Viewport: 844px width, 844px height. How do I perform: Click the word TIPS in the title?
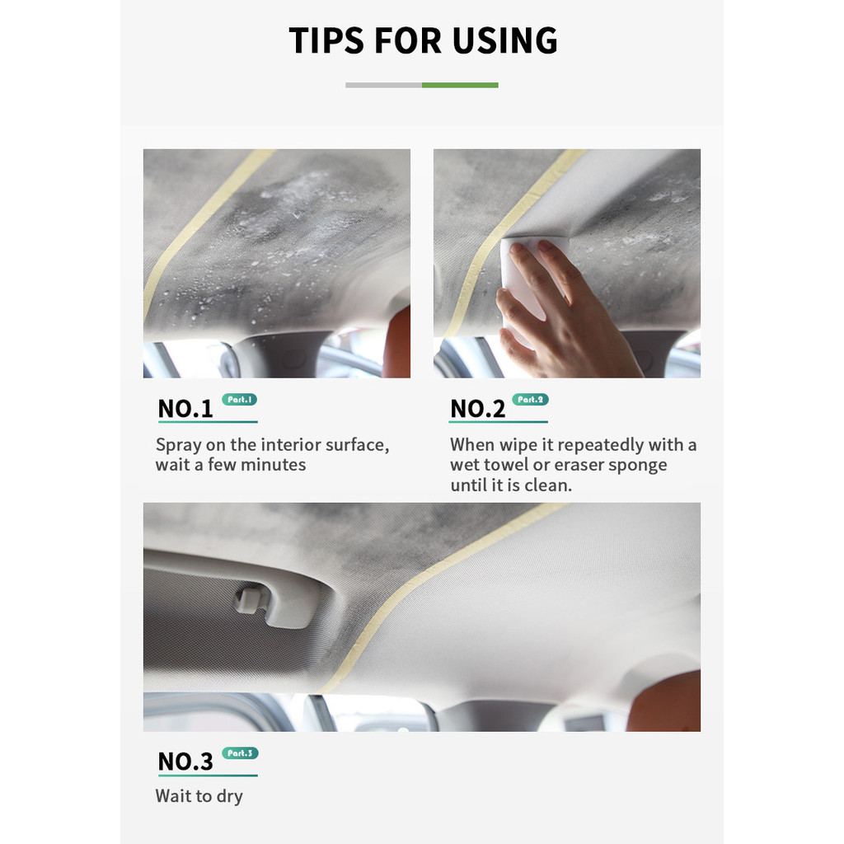pyautogui.click(x=326, y=40)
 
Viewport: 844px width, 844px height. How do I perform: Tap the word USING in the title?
pyautogui.click(x=505, y=40)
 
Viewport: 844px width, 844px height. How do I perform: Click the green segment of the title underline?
pyautogui.click(x=460, y=85)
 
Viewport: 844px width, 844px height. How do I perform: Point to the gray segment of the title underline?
pyautogui.click(x=384, y=85)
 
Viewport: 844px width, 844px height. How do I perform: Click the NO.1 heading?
pyautogui.click(x=185, y=409)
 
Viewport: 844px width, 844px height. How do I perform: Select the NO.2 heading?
pyautogui.click(x=477, y=409)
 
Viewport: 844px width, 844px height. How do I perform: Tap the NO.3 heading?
pyautogui.click(x=185, y=761)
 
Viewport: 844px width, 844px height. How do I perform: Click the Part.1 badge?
pyautogui.click(x=240, y=400)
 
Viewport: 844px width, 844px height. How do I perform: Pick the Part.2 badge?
pyautogui.click(x=530, y=400)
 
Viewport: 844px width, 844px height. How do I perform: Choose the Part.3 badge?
pyautogui.click(x=240, y=753)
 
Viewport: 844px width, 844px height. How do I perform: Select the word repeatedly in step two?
pyautogui.click(x=600, y=446)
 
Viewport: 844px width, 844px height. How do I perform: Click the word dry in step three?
pyautogui.click(x=229, y=797)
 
